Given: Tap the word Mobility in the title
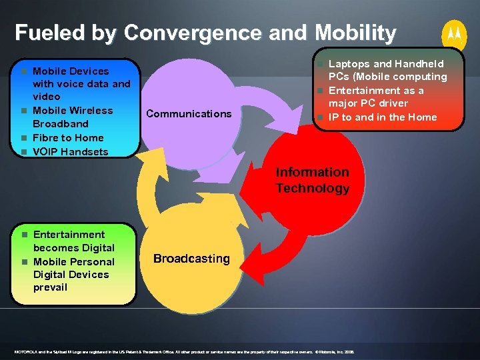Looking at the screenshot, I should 355,32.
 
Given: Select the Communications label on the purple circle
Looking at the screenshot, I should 189,113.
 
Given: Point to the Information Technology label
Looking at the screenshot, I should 312,180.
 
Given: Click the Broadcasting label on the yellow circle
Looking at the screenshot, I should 191,258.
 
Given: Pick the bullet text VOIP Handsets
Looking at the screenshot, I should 70,151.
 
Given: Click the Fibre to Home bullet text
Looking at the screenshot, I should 68,137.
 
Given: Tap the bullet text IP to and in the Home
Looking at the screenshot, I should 383,117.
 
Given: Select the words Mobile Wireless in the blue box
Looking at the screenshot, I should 73,111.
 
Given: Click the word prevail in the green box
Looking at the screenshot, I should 50,287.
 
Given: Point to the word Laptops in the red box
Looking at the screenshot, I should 349,64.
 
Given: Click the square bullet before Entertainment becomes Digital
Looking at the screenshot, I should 24,235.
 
